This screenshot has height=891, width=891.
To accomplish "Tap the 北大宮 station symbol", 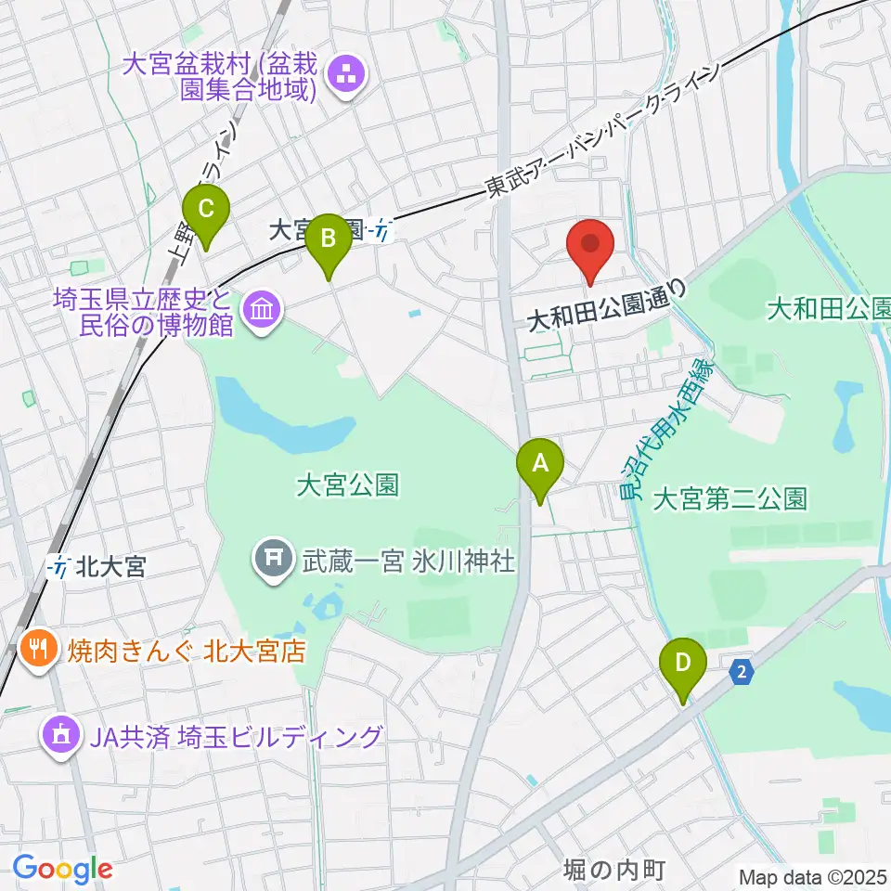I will (60, 566).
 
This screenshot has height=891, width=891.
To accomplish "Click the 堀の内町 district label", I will (615, 871).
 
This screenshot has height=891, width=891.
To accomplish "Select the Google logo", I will (62, 868).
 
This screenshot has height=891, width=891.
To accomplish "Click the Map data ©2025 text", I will (812, 876).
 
